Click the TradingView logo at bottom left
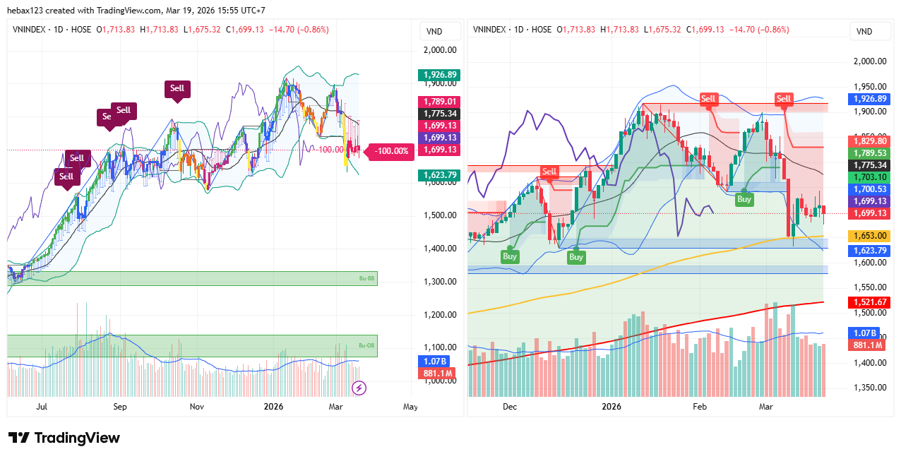(64, 438)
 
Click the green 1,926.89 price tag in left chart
(438, 74)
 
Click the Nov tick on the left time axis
(197, 407)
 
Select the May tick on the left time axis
(410, 407)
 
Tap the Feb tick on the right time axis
(700, 407)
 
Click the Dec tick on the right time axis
(510, 407)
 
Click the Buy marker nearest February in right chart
(744, 199)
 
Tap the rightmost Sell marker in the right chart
(784, 98)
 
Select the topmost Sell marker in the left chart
(177, 88)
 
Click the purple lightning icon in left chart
(359, 387)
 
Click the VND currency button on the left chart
(435, 31)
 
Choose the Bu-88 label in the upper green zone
(366, 279)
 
